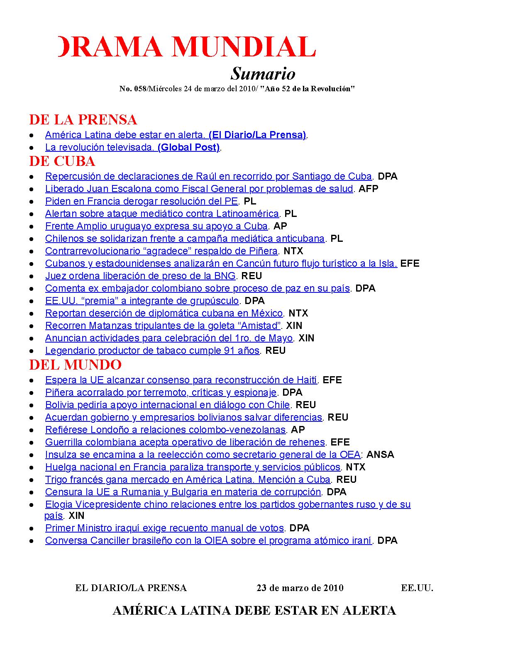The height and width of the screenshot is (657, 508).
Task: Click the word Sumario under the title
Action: tap(263, 74)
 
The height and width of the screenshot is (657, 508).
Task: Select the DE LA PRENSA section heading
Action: tap(83, 120)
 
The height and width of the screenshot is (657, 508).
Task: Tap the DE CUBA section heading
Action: tap(62, 161)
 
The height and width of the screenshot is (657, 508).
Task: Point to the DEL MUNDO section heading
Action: tap(75, 365)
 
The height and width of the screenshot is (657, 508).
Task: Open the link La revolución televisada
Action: tap(100, 147)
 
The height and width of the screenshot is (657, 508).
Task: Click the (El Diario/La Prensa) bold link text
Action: tap(257, 135)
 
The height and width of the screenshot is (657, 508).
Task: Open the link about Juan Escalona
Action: tap(199, 189)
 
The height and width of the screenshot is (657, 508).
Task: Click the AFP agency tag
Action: tap(369, 189)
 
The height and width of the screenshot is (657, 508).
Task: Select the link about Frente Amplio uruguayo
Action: tap(156, 226)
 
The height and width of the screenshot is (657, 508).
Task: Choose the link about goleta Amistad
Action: tap(163, 326)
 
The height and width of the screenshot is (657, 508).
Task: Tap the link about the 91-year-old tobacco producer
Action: tap(152, 350)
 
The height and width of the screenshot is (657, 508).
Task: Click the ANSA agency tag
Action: tap(380, 455)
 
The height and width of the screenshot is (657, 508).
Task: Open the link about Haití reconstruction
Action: tap(181, 380)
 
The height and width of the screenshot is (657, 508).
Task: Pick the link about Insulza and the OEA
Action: tap(203, 455)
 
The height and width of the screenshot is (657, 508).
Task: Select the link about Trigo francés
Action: tap(188, 479)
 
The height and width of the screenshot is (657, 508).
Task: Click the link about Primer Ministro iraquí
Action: tap(164, 528)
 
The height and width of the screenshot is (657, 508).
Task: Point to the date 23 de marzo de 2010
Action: tap(300, 588)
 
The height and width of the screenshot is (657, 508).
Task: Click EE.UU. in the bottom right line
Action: tap(417, 588)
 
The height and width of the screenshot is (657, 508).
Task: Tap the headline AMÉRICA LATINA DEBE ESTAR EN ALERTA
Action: tap(254, 611)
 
